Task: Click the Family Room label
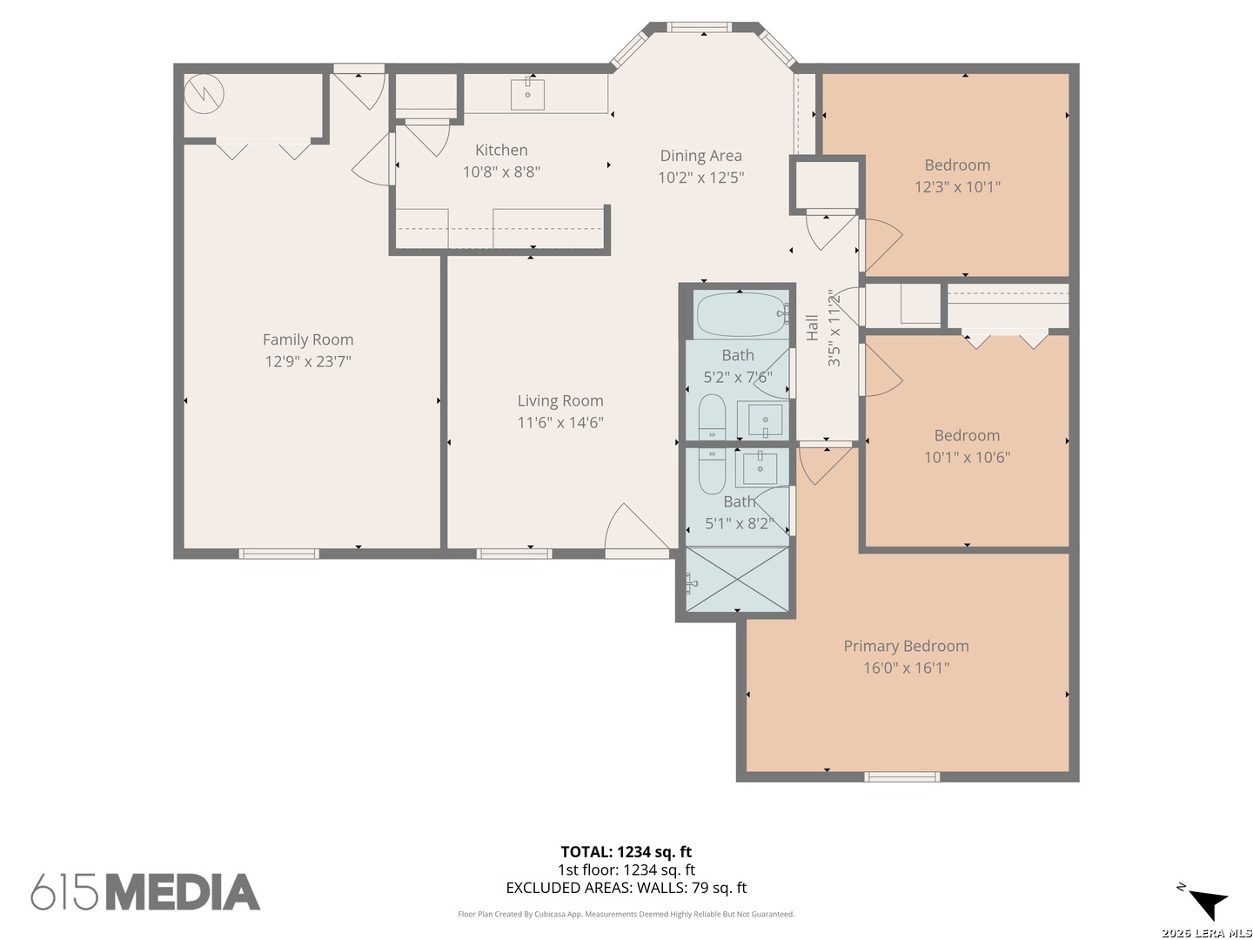pyautogui.click(x=308, y=339)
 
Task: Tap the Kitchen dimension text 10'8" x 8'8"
pyautogui.click(x=501, y=171)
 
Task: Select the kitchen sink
pyautogui.click(x=527, y=94)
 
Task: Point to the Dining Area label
pyautogui.click(x=700, y=156)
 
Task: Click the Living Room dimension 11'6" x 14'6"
pyautogui.click(x=560, y=422)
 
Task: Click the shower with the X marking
pyautogui.click(x=737, y=579)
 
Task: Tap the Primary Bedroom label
pyautogui.click(x=906, y=646)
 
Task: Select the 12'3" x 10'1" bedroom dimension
pyautogui.click(x=957, y=186)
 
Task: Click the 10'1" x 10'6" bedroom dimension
pyautogui.click(x=967, y=457)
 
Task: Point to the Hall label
pyautogui.click(x=812, y=327)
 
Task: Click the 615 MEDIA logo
pyautogui.click(x=145, y=891)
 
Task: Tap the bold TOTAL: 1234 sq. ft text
pyautogui.click(x=626, y=852)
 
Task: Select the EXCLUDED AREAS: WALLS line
pyautogui.click(x=626, y=888)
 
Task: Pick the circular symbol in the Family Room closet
pyautogui.click(x=204, y=94)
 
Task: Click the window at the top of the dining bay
pyautogui.click(x=700, y=27)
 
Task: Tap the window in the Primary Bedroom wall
pyautogui.click(x=902, y=776)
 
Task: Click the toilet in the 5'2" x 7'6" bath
pyautogui.click(x=712, y=416)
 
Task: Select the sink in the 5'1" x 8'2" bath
pyautogui.click(x=760, y=468)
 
